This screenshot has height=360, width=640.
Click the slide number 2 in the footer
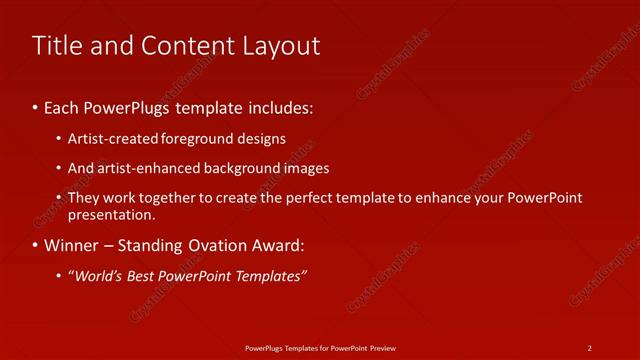click(x=590, y=347)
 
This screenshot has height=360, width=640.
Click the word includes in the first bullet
click(x=283, y=105)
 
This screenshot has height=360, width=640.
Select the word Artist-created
click(x=109, y=138)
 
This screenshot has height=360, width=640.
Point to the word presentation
click(x=112, y=214)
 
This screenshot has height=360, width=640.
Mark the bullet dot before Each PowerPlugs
click(x=36, y=105)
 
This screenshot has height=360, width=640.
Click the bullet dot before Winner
click(x=36, y=245)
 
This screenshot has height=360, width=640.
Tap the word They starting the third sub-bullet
click(x=84, y=198)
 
